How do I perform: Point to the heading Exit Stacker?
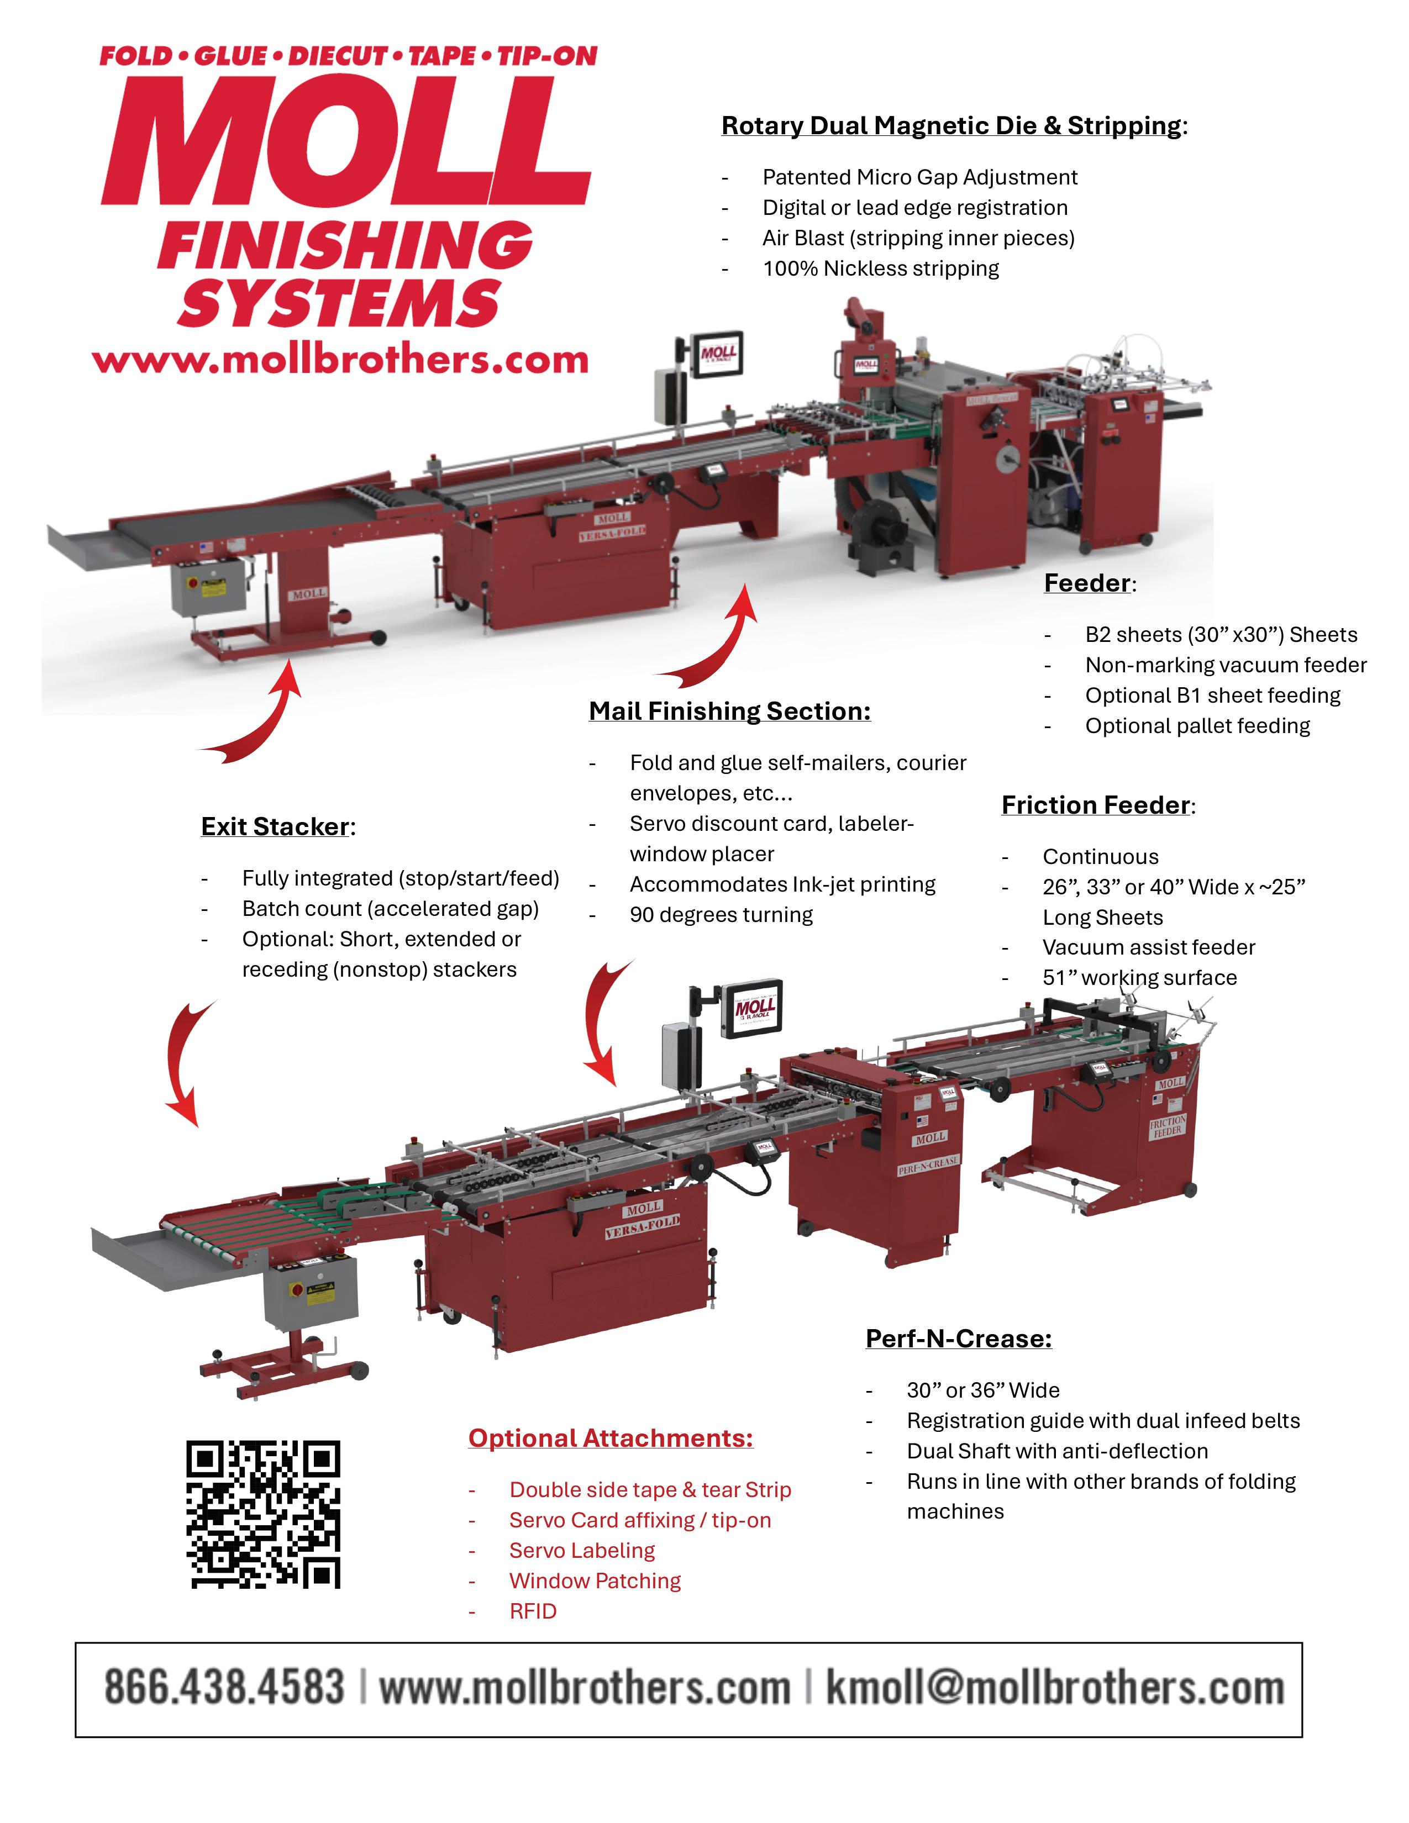coord(276,826)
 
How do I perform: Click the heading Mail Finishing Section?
coord(729,711)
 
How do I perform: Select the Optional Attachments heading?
coord(610,1438)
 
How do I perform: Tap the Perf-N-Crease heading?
coord(958,1339)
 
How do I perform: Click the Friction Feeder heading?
coord(1096,805)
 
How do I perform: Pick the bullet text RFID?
coord(533,1611)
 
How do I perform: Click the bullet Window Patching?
coord(595,1581)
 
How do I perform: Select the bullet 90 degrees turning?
coord(721,915)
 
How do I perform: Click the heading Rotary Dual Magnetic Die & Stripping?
coord(951,126)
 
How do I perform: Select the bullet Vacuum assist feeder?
coord(1149,947)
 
